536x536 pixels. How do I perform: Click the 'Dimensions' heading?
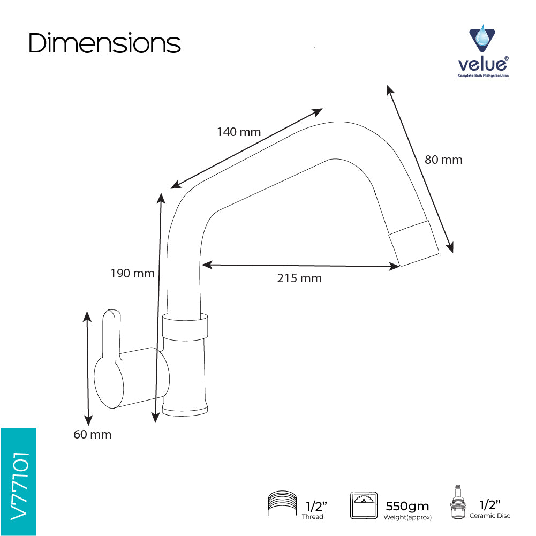[104, 43]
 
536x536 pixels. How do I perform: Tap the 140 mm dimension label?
[239, 132]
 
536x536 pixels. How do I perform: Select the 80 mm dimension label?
[443, 160]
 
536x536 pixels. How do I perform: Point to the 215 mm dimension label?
[299, 278]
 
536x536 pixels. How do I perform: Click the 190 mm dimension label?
[132, 274]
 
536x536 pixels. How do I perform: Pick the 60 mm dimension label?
[92, 434]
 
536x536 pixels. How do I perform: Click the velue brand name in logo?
[483, 64]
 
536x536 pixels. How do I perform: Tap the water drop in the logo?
[482, 35]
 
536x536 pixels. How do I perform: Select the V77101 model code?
[19, 486]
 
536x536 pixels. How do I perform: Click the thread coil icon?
[282, 503]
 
